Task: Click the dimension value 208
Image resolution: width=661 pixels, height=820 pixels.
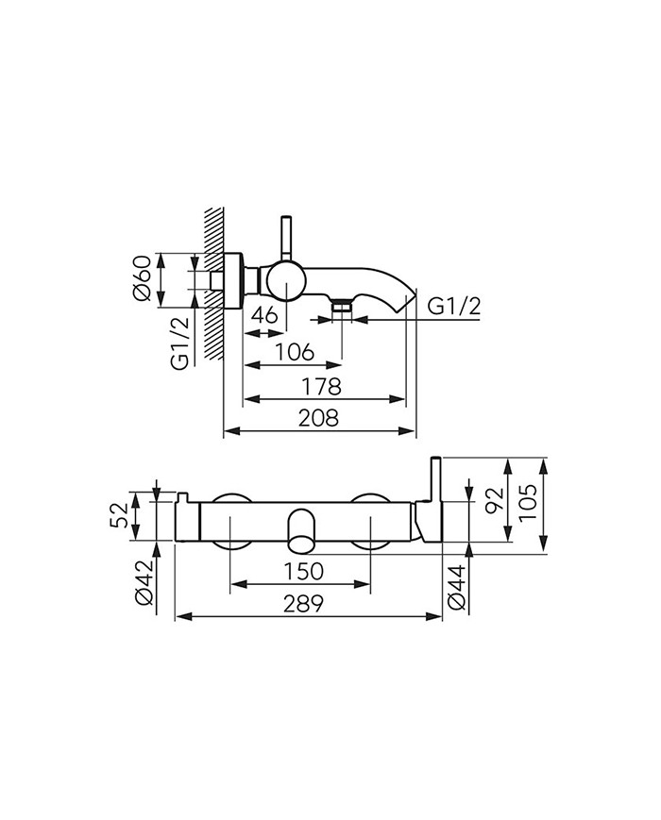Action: coord(318,418)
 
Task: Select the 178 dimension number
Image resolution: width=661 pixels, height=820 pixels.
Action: coord(321,387)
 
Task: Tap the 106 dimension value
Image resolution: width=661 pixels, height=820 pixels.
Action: coord(295,353)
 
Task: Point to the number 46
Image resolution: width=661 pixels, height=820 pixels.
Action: coord(264,315)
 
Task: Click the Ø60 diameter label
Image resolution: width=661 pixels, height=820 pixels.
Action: coord(143,277)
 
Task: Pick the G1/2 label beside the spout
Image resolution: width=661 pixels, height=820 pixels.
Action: coord(453,307)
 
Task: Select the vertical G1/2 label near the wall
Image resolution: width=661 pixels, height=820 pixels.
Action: coord(179,343)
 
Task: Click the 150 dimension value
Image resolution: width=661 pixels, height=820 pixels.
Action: coord(303,571)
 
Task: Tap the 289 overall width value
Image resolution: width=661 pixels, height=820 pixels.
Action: coord(303,604)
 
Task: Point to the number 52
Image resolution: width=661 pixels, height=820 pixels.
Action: coord(119,515)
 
